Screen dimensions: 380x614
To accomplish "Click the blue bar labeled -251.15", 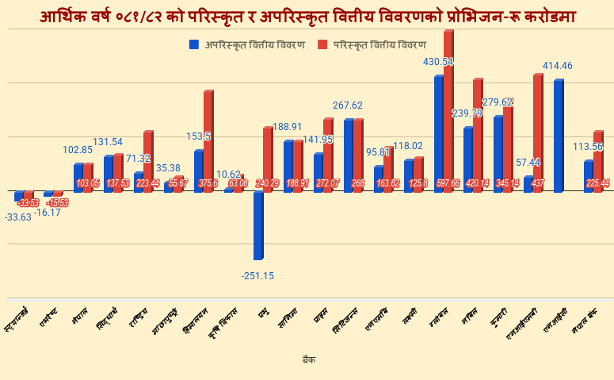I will [x=258, y=225].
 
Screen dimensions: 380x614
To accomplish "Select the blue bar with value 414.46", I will [x=559, y=136].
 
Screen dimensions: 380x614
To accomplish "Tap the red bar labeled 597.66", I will [x=448, y=111].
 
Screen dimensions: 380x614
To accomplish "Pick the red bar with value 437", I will [x=538, y=132].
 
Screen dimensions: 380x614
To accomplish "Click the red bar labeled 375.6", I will [x=208, y=141].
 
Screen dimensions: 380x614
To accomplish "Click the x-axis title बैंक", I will [x=309, y=359].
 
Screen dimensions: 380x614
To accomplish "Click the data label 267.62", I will [x=348, y=106].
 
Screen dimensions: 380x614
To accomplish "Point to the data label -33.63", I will [x=18, y=217].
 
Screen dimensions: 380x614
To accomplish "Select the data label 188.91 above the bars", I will [x=288, y=127].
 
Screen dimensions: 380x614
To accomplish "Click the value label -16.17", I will [x=48, y=212].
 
